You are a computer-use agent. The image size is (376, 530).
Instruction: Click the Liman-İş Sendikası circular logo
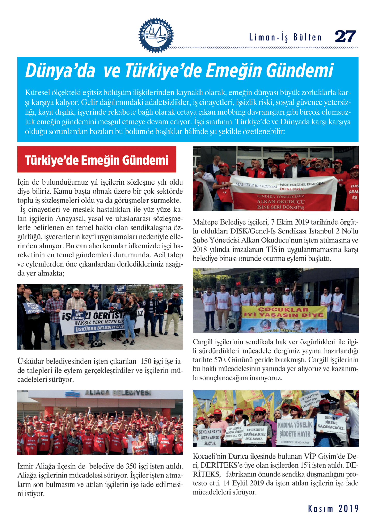click(x=156, y=35)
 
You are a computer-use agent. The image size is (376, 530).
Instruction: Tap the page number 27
click(x=345, y=36)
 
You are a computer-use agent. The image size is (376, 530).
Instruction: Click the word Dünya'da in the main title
click(x=60, y=71)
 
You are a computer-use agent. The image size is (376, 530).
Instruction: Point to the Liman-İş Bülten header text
click(x=285, y=38)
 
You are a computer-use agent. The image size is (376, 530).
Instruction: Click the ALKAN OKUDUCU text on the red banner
click(x=281, y=202)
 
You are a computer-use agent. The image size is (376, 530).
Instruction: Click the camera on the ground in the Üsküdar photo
click(x=96, y=343)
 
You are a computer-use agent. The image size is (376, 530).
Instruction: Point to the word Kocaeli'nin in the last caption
click(x=209, y=456)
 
